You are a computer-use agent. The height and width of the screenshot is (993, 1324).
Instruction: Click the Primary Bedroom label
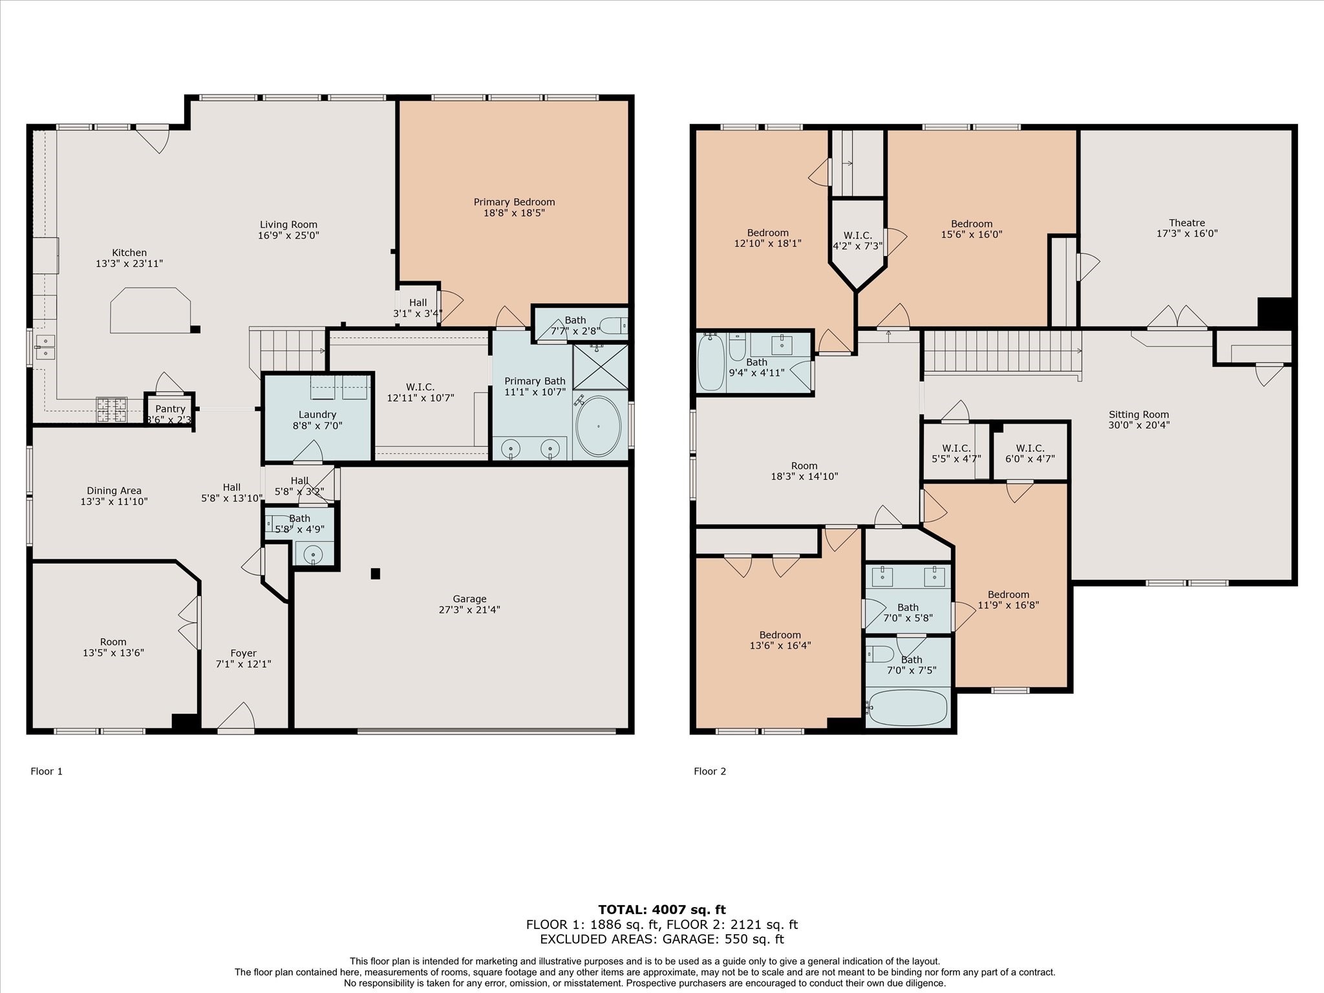pyautogui.click(x=514, y=202)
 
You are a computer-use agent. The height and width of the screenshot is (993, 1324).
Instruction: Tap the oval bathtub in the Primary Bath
pyautogui.click(x=598, y=426)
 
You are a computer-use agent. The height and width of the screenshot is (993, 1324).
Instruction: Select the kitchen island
pyautogui.click(x=151, y=310)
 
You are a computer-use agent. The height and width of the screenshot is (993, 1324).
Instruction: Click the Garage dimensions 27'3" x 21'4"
pyautogui.click(x=469, y=610)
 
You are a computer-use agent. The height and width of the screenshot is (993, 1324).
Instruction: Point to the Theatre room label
pyautogui.click(x=1187, y=223)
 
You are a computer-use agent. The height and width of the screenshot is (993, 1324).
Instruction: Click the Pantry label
pyautogui.click(x=170, y=409)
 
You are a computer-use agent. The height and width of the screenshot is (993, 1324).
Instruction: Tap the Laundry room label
pyautogui.click(x=317, y=414)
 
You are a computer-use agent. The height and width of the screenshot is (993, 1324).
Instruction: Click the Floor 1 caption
pyautogui.click(x=47, y=771)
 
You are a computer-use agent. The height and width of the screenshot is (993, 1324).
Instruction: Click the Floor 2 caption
pyautogui.click(x=710, y=771)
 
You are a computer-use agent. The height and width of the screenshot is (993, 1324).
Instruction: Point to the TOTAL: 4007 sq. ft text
pyautogui.click(x=661, y=910)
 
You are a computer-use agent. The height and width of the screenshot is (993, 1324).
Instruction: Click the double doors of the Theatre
pyautogui.click(x=1177, y=318)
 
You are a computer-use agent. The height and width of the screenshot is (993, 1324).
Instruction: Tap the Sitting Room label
pyautogui.click(x=1138, y=415)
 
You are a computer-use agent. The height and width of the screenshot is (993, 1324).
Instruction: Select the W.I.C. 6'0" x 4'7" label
pyautogui.click(x=1030, y=448)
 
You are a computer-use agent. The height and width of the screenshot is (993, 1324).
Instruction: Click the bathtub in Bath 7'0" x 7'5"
pyautogui.click(x=908, y=707)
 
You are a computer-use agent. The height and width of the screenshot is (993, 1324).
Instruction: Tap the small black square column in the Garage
pyautogui.click(x=375, y=573)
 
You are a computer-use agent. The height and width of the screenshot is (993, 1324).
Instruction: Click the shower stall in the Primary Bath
pyautogui.click(x=601, y=367)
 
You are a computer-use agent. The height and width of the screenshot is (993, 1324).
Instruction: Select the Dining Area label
pyautogui.click(x=114, y=491)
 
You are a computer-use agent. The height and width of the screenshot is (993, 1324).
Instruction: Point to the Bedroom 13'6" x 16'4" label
pyautogui.click(x=780, y=635)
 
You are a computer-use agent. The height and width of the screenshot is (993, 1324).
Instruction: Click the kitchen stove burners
pyautogui.click(x=111, y=409)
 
